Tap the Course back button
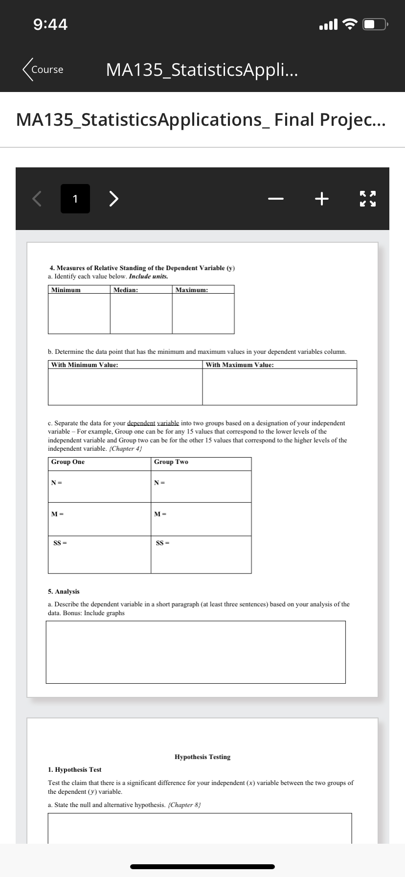coord(43,69)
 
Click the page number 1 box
coord(75,199)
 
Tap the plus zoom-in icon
coord(321,199)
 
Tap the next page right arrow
coord(113,199)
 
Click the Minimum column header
coord(66,290)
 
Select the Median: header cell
coord(126,290)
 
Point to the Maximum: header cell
coord(192,290)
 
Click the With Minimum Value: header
coord(85,365)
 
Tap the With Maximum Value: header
coord(240,365)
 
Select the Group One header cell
coord(68,462)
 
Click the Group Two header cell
coord(171,462)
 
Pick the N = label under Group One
coord(57,483)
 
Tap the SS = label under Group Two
coord(162,543)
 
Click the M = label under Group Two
coord(160,514)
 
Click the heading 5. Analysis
coord(64,592)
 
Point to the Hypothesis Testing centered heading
coord(202,757)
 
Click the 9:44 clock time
coord(51,24)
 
